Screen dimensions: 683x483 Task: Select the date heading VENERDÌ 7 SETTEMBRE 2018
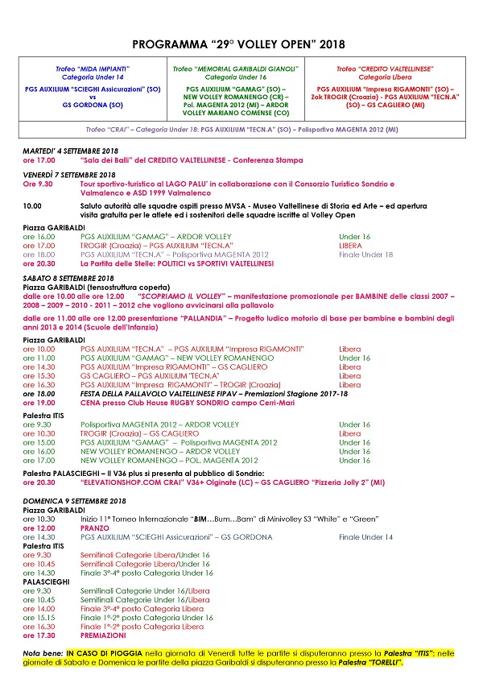[69, 175]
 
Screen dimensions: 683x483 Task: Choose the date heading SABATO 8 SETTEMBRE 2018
[68, 278]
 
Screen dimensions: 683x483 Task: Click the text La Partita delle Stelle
[120, 263]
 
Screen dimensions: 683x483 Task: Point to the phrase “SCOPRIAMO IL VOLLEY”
[181, 296]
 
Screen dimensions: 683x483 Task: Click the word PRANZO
[95, 528]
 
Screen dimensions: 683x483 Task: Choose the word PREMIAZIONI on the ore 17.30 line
[104, 635]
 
